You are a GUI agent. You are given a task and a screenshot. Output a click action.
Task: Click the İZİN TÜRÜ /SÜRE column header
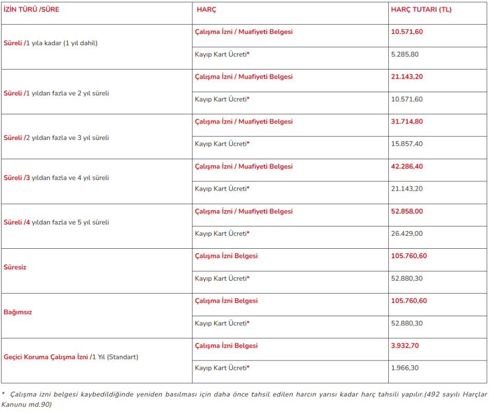[31, 9]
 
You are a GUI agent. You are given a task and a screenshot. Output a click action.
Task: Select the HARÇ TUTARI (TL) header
[421, 9]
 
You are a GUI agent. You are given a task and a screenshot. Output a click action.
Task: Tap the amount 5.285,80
[405, 54]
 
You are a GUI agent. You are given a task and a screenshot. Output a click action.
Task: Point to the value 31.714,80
[407, 122]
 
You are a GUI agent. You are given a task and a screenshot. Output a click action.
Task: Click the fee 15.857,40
[407, 144]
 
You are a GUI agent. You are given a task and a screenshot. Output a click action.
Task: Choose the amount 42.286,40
[407, 166]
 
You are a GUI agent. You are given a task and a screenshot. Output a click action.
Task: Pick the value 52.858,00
[407, 211]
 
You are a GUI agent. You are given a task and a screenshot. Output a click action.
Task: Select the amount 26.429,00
[407, 233]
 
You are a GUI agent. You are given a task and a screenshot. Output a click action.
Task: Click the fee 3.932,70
[405, 346]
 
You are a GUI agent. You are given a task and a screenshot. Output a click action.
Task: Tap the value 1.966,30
[405, 368]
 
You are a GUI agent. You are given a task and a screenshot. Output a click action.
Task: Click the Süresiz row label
[15, 267]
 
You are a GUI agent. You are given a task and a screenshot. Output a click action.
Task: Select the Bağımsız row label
[18, 312]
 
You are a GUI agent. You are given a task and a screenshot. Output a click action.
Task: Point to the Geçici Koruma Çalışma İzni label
[46, 357]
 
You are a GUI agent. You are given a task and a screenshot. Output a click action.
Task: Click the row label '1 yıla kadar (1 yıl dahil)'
[62, 43]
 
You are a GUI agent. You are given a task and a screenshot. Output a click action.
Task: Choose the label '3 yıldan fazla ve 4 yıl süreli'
[70, 178]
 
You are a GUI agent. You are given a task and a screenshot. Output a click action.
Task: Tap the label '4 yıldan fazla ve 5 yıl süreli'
[70, 222]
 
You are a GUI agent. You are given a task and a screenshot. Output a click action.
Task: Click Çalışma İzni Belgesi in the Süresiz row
[226, 256]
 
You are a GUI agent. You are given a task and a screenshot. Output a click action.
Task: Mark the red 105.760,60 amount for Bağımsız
[409, 301]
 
